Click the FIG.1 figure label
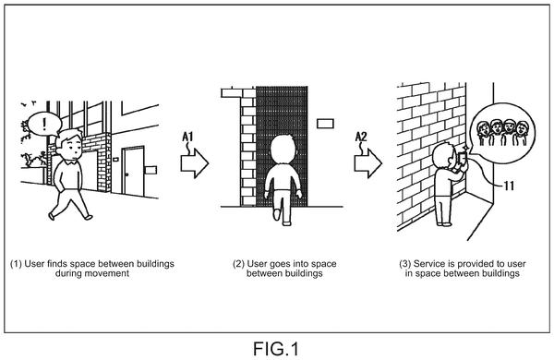(276, 349)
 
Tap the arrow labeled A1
(195, 163)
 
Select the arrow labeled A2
(368, 163)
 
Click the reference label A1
(187, 137)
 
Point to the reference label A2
(361, 137)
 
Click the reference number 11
(509, 186)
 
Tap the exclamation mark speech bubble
(44, 125)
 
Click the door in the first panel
(133, 171)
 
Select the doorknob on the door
(126, 174)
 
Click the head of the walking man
(69, 145)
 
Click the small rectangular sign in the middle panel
(325, 124)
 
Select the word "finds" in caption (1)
(57, 264)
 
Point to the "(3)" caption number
(405, 264)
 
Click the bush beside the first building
(32, 161)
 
